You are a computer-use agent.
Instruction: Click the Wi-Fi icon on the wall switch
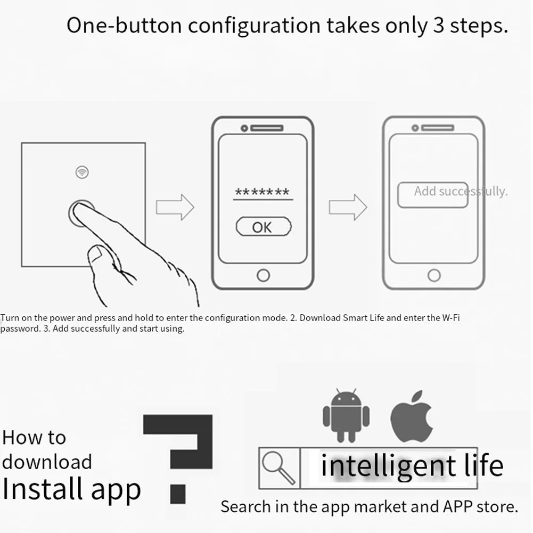[x=82, y=172]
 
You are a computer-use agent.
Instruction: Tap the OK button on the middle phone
[x=264, y=227]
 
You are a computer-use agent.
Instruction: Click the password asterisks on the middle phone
[x=263, y=192]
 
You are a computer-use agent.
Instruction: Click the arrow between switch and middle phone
[x=175, y=207]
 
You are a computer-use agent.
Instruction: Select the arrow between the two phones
[x=348, y=207]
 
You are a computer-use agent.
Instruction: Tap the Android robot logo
[x=346, y=415]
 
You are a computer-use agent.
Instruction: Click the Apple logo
[x=411, y=417]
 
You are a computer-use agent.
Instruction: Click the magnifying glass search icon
[x=278, y=468]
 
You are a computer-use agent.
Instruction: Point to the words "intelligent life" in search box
[x=412, y=466]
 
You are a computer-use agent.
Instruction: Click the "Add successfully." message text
[x=461, y=191]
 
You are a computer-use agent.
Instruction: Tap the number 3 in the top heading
[x=439, y=26]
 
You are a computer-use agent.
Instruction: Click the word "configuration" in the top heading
[x=255, y=27]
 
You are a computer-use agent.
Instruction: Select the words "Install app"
[x=71, y=489]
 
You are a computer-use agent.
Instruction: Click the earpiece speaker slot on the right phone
[x=438, y=128]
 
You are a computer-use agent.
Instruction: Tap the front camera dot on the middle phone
[x=244, y=128]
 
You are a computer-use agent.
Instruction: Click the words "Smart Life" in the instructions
[x=363, y=318]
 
